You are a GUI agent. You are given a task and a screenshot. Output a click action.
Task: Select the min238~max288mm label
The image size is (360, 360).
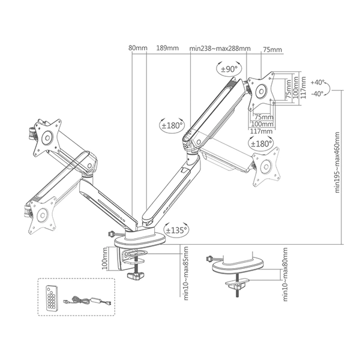click(220, 49)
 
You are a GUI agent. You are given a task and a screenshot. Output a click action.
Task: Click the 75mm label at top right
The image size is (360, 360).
click(272, 49)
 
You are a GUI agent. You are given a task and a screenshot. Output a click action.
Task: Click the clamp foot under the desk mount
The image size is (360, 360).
click(137, 277)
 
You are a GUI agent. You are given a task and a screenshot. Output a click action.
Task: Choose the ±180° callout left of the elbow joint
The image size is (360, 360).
click(172, 126)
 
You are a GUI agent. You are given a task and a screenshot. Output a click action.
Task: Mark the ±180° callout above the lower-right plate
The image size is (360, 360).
click(262, 143)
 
